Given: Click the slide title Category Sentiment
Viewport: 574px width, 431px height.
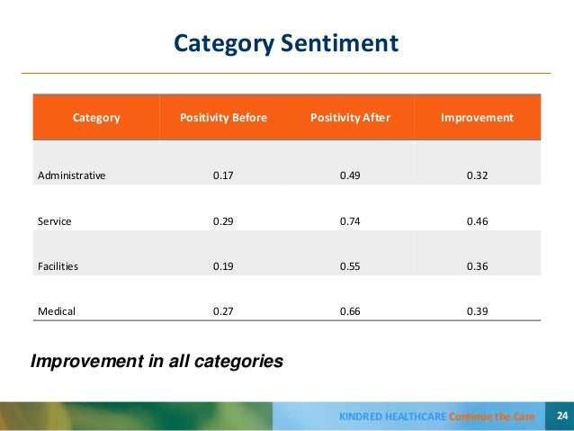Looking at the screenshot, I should [x=285, y=43].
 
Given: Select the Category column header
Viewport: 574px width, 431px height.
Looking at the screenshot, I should [x=96, y=117].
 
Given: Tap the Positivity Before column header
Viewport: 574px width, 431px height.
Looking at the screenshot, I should [x=223, y=117].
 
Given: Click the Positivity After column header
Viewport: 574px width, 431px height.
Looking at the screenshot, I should [x=350, y=117].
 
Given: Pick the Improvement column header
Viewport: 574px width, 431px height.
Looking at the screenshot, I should [x=477, y=117].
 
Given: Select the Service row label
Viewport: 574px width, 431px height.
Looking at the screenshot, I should [x=55, y=221].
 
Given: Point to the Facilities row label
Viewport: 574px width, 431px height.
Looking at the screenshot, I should [x=58, y=267].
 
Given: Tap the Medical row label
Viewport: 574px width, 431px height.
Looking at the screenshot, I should [x=56, y=311].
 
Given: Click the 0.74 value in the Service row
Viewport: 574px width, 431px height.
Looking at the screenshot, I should [x=350, y=221].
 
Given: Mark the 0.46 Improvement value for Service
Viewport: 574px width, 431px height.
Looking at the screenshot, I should [x=478, y=221].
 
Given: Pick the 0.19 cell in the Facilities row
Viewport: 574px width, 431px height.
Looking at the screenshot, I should [x=223, y=267].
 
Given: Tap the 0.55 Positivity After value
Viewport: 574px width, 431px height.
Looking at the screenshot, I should [x=350, y=267].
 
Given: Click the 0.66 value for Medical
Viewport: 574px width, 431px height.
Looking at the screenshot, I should [x=350, y=311].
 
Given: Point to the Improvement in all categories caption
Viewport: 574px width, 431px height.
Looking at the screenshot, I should [x=157, y=362].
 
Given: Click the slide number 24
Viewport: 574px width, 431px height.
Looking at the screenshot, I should [x=561, y=416].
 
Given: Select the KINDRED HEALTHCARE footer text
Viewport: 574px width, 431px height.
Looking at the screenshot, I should [x=392, y=417].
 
